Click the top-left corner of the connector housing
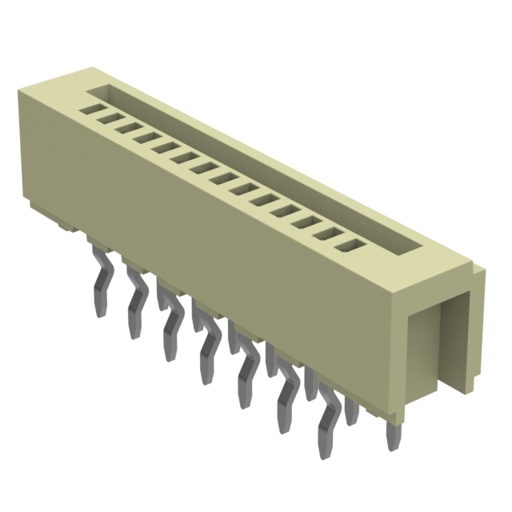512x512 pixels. coord(22,94)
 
